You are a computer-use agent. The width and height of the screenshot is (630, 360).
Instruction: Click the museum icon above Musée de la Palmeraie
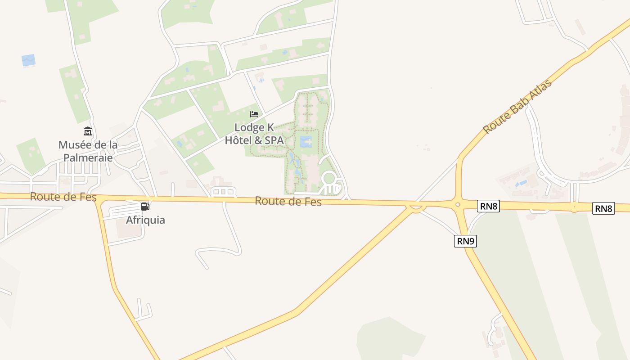(x=88, y=131)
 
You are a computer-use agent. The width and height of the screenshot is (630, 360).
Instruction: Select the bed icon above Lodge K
(x=254, y=114)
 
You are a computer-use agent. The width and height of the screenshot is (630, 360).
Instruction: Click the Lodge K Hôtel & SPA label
(x=254, y=134)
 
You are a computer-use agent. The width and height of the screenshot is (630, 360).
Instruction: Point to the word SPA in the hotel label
(x=274, y=140)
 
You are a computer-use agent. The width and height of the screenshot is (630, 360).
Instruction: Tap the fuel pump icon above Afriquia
(x=145, y=207)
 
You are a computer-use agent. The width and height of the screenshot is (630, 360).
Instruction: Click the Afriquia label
(x=145, y=220)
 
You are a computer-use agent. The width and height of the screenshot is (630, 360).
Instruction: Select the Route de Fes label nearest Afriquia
(x=63, y=197)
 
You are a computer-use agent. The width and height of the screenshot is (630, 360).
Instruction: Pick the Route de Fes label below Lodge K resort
(x=288, y=201)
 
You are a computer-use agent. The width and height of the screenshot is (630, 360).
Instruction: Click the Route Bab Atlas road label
(x=517, y=106)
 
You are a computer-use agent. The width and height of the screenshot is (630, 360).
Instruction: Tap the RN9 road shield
(x=465, y=241)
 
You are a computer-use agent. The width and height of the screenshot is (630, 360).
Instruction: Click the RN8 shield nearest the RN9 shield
(x=488, y=207)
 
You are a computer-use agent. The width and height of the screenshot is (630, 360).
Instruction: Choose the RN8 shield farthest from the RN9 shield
(x=603, y=208)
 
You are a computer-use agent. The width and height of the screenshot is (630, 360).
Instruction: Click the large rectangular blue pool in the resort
(x=306, y=142)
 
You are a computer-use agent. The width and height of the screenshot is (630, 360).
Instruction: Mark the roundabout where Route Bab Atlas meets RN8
(x=458, y=205)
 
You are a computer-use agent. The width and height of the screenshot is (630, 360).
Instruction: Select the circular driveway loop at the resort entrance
(x=329, y=178)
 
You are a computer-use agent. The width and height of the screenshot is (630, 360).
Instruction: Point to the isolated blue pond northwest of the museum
(x=28, y=60)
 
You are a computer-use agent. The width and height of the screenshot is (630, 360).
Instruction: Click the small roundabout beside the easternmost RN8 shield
(x=574, y=207)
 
